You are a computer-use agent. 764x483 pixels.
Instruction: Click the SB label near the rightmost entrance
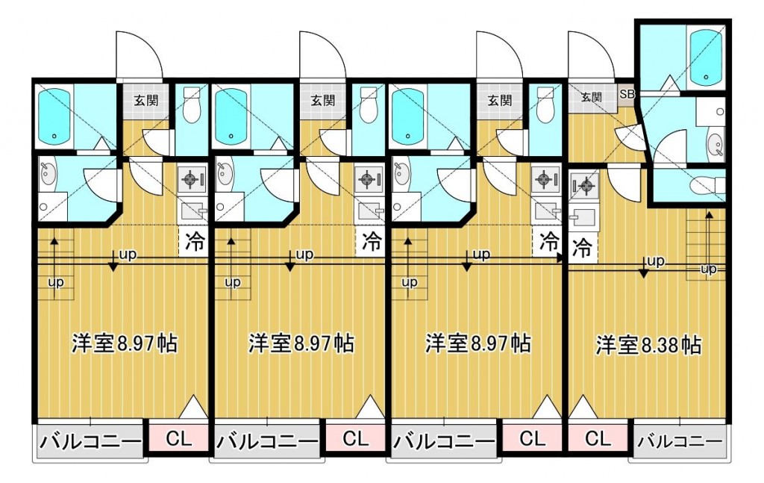click(x=627, y=94)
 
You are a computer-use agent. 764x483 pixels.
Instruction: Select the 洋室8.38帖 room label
click(x=648, y=345)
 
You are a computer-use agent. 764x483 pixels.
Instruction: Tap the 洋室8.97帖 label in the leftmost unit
click(x=125, y=343)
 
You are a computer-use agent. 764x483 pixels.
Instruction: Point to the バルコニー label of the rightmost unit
click(x=680, y=442)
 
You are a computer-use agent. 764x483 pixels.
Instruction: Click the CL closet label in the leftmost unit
click(x=179, y=438)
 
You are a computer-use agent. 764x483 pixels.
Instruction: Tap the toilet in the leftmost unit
click(x=191, y=105)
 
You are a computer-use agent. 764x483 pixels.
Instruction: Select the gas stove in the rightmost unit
click(x=583, y=185)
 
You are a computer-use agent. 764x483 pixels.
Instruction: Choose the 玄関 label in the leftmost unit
click(x=146, y=101)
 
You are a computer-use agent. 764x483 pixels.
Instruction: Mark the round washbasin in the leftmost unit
click(x=48, y=175)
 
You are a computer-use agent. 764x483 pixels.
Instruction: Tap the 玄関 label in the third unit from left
click(x=500, y=101)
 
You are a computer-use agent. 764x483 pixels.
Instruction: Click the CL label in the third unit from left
click(x=532, y=438)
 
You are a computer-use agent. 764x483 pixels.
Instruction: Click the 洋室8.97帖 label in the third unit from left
click(x=478, y=343)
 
